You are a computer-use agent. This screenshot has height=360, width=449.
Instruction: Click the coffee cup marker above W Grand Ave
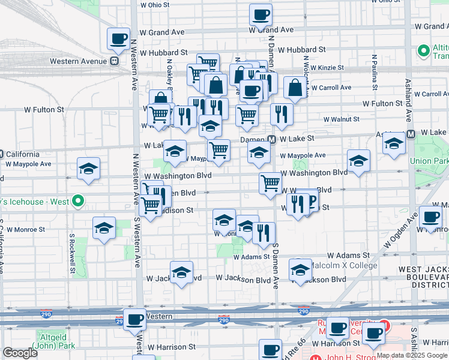pos(261,14)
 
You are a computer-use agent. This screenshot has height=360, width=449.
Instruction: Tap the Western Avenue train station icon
pos(114,61)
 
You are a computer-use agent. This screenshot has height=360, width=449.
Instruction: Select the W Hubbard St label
pos(301,50)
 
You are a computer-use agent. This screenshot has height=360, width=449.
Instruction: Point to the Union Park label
pos(429,161)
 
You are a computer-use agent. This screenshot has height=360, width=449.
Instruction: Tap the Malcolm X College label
pos(345,265)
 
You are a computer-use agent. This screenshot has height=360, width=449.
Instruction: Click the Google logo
pos(20,353)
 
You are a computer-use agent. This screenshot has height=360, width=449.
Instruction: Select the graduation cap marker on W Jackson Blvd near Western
pos(181,272)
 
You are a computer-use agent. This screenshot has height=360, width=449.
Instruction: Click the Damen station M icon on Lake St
pos(272,139)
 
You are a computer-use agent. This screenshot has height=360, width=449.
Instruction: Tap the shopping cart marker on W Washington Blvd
pos(271,182)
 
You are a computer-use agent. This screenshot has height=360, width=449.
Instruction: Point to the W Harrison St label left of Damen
pos(171,347)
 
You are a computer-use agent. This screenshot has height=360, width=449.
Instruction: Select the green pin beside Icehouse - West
pos(77,202)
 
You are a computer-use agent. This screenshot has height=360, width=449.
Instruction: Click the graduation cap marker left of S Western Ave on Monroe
pos(104,228)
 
